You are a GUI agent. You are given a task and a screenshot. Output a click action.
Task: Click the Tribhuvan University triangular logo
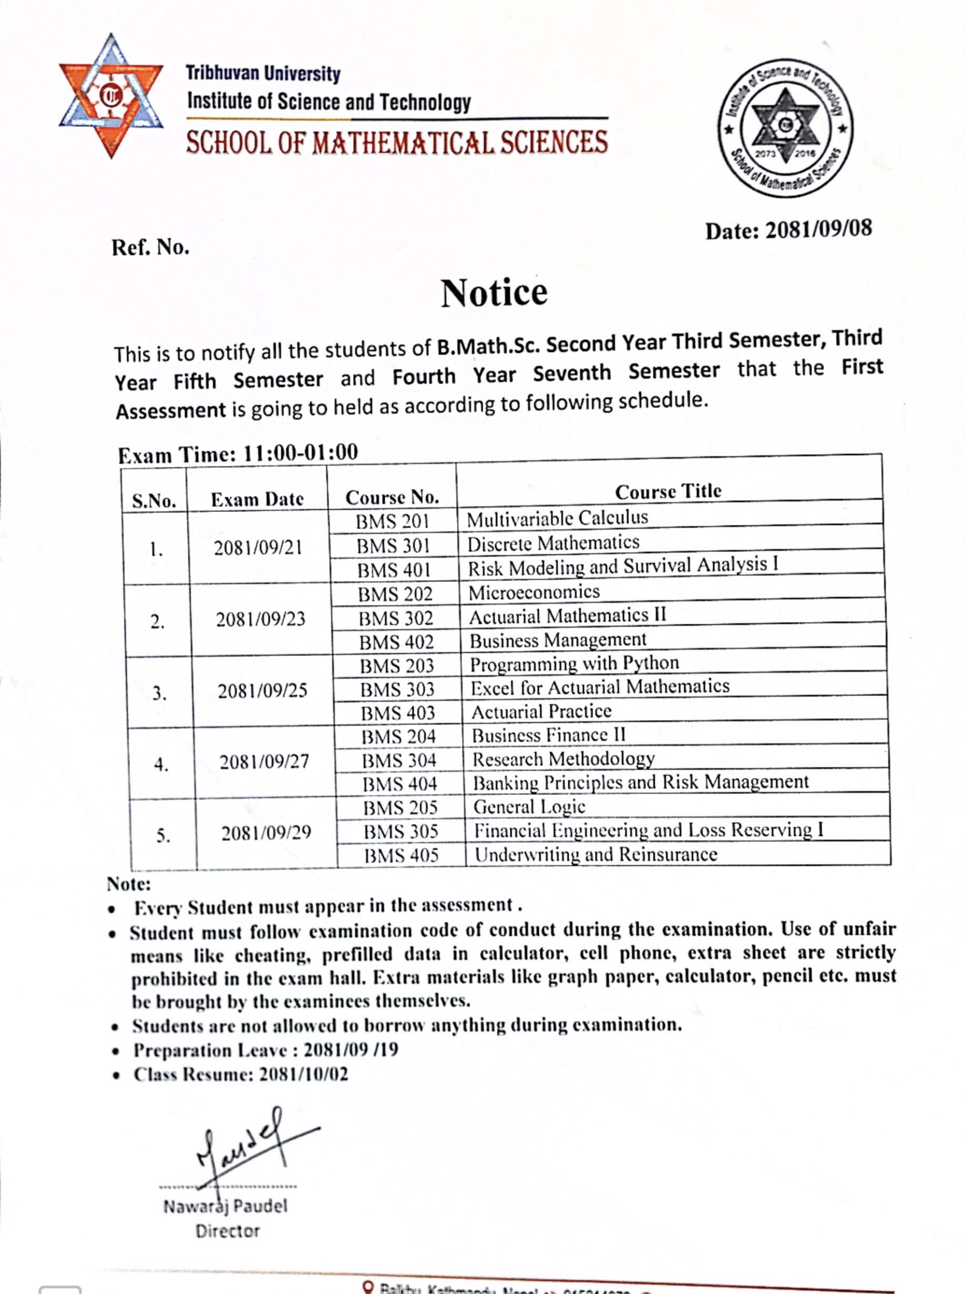click(x=111, y=96)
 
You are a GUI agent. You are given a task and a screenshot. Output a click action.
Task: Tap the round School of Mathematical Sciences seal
click(x=786, y=127)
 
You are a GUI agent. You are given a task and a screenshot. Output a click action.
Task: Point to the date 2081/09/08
click(x=818, y=229)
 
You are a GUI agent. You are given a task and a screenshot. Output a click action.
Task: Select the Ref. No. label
click(x=151, y=247)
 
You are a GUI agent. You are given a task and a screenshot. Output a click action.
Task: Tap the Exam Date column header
click(x=257, y=499)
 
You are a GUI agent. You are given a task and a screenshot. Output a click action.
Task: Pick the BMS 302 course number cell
click(x=395, y=618)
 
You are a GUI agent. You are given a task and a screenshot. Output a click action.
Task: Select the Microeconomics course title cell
click(x=534, y=592)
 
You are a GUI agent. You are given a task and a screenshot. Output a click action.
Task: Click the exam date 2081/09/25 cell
click(x=262, y=691)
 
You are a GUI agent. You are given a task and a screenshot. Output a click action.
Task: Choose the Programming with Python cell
click(x=574, y=663)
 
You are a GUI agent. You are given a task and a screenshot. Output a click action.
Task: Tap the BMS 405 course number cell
click(x=402, y=855)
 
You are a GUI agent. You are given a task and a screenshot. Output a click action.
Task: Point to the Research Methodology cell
click(x=563, y=759)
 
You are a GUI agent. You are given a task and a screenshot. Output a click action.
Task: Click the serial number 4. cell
click(x=162, y=764)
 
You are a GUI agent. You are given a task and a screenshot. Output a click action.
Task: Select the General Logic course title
click(x=529, y=806)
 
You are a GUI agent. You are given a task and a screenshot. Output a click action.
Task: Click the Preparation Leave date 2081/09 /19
click(x=351, y=1050)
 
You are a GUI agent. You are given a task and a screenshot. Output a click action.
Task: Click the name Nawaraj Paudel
click(x=225, y=1206)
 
